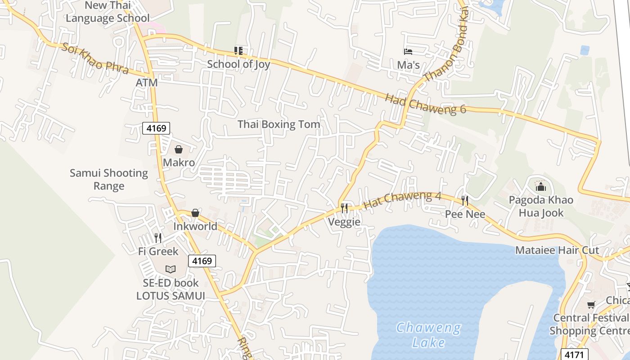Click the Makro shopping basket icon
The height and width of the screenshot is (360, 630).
coord(179,149)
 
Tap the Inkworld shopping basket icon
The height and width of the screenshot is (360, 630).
coord(195,213)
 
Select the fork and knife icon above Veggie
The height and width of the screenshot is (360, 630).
coord(344,208)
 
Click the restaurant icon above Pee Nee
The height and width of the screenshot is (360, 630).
coord(465,200)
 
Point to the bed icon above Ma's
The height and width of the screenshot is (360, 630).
coord(408,52)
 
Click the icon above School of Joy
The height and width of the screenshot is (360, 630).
coord(238,51)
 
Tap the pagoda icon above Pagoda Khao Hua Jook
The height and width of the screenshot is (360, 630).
coord(540,186)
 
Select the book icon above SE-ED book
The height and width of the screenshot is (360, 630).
coord(170,269)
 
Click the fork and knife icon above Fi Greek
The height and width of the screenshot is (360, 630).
coord(158,238)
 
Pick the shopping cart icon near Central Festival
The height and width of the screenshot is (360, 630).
coord(591,305)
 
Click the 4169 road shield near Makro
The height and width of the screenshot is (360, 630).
coord(157,128)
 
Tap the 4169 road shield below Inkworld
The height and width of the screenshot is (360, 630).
coord(202,261)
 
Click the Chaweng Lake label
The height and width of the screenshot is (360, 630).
coord(428,335)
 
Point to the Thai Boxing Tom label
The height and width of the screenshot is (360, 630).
coord(279,124)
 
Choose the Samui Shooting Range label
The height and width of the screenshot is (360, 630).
coord(109,179)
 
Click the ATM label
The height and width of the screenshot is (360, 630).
coord(147,83)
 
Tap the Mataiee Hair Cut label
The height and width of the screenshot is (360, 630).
coord(557,250)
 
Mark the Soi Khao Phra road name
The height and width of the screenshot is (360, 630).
coord(95,58)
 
